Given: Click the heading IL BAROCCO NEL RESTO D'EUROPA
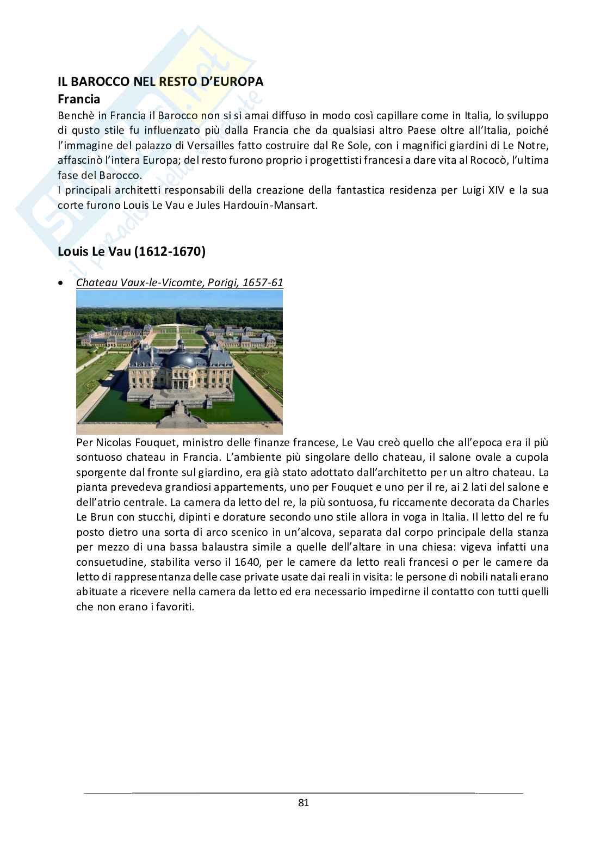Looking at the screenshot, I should pos(160,82).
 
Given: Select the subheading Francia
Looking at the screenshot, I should pos(79,99).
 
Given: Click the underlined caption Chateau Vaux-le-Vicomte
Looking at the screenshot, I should pos(179,283).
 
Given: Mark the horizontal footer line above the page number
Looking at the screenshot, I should pos(303,793).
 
